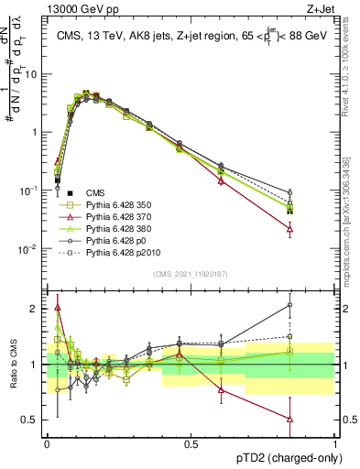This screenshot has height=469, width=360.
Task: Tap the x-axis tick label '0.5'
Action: [x=191, y=442]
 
